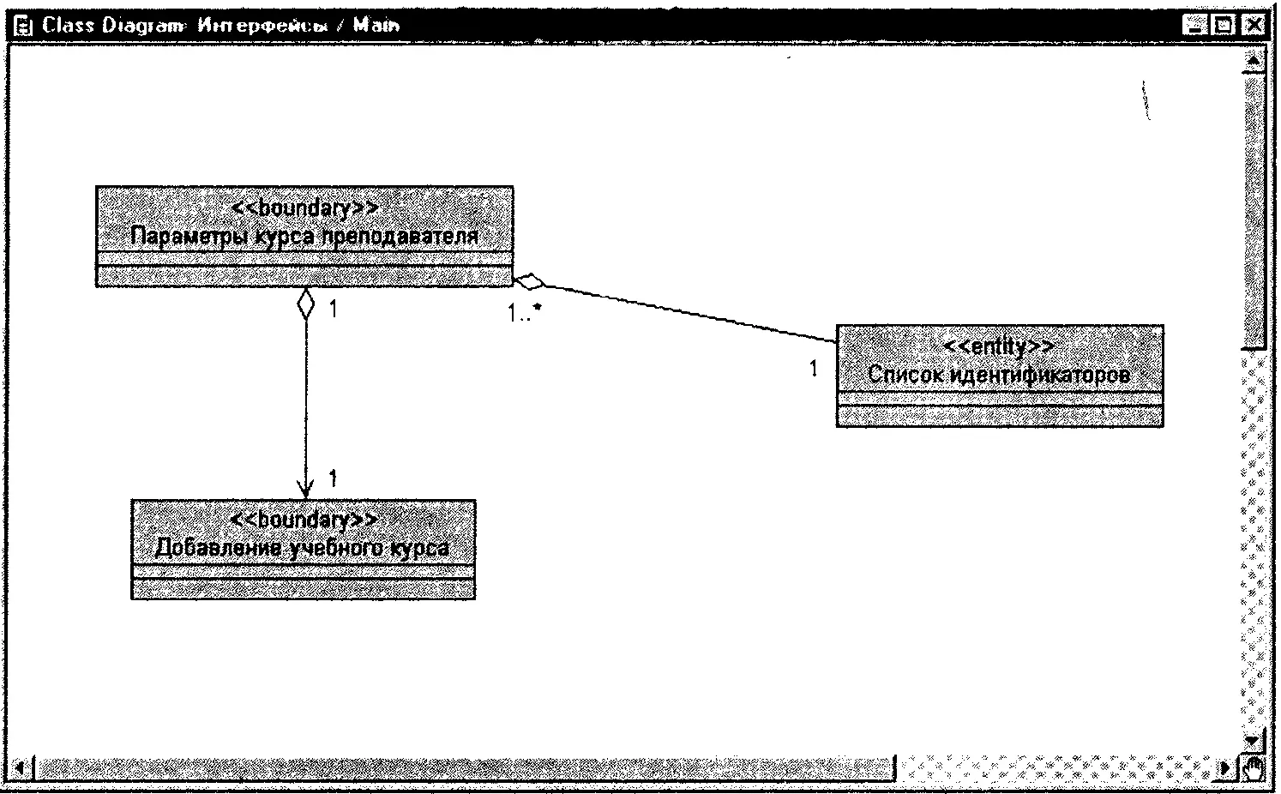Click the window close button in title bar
1254,26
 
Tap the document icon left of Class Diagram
26,26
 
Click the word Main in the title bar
376,25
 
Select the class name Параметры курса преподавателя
304,236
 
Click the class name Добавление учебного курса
303,547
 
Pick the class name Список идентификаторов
999,374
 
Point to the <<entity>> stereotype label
999,346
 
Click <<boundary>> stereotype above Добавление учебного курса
304,520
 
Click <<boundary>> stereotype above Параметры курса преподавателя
304,208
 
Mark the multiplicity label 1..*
524,313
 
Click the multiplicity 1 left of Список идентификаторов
814,369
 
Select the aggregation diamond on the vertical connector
305,304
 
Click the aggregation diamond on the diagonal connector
530,281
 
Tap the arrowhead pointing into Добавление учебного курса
305,489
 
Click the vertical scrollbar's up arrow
1254,62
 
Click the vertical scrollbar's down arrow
1254,739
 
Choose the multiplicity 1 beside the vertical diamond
334,309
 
